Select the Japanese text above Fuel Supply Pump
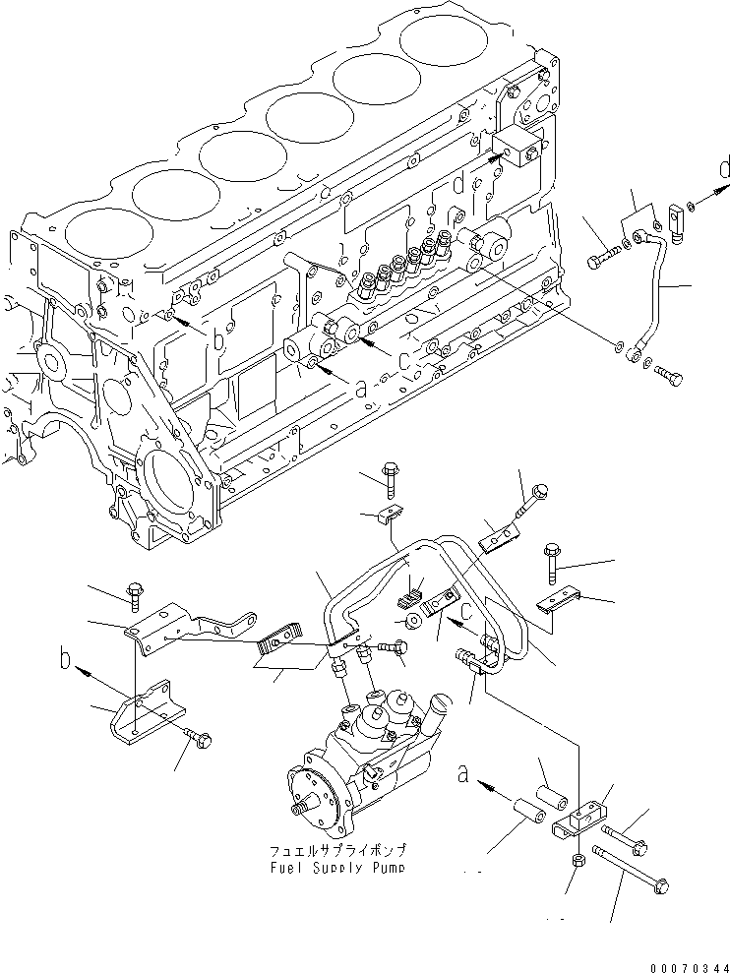(335, 849)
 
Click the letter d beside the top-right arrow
(724, 169)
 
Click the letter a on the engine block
(360, 389)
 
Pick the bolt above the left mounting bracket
(135, 593)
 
